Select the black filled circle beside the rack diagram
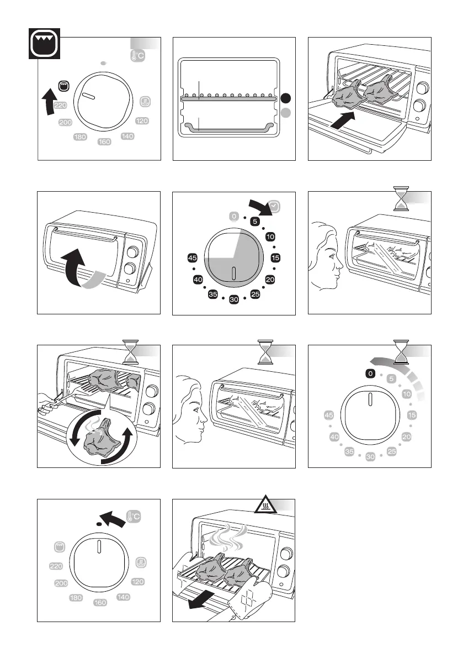pyautogui.click(x=285, y=98)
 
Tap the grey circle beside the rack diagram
pyautogui.click(x=285, y=113)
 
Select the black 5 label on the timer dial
pyautogui.click(x=255, y=221)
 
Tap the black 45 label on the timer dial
pyautogui.click(x=193, y=258)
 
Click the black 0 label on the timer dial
pyautogui.click(x=370, y=374)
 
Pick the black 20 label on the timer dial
pyautogui.click(x=270, y=280)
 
